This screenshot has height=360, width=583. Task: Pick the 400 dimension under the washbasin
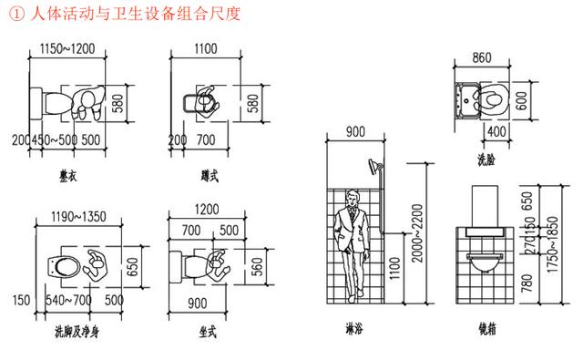pos(496,131)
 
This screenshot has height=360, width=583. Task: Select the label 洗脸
pos(486,161)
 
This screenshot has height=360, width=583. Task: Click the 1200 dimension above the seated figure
pos(207,211)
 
